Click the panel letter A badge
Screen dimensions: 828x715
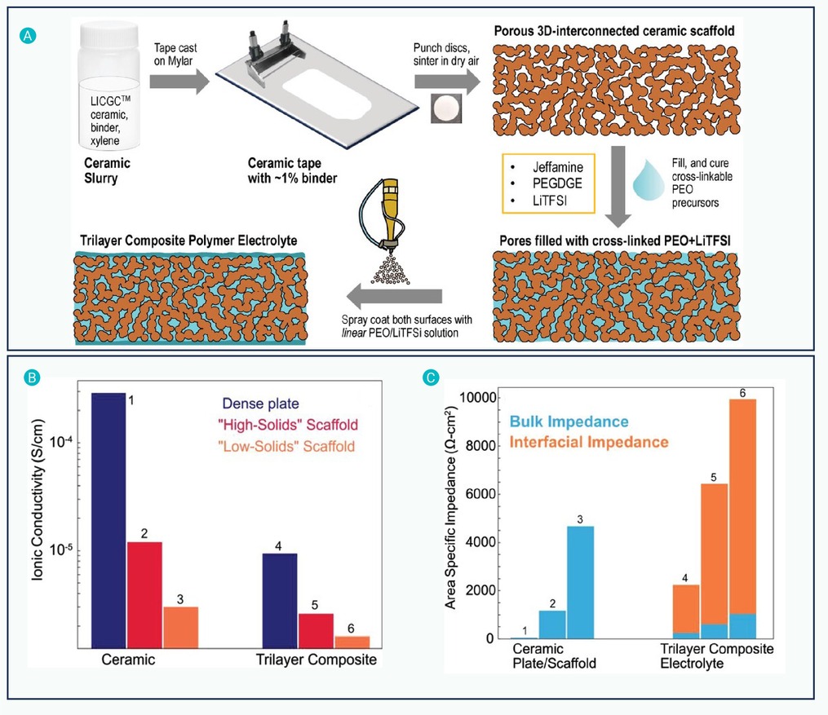pos(28,36)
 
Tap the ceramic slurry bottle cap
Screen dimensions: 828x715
pos(109,36)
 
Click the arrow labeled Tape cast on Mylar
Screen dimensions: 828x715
pos(179,82)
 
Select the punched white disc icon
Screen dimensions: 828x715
pos(446,108)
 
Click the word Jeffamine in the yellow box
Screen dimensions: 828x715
pos(558,167)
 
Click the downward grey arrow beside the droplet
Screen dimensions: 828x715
pos(618,186)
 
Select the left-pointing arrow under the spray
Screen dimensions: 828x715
pos(394,296)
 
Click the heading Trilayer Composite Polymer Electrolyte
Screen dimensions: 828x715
pos(188,241)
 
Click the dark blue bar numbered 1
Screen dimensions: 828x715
pos(108,520)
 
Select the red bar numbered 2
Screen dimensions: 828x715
pos(144,594)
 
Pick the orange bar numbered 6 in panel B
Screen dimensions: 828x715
pos(352,642)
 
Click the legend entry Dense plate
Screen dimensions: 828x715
pos(260,404)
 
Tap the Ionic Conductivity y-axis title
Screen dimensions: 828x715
pos(38,501)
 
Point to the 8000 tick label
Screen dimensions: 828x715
pos(480,446)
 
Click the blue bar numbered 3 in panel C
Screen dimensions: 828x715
pos(580,583)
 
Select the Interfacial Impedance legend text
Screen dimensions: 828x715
pos(589,442)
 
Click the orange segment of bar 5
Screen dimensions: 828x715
pos(714,554)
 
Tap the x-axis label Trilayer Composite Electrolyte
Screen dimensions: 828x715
pos(716,656)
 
